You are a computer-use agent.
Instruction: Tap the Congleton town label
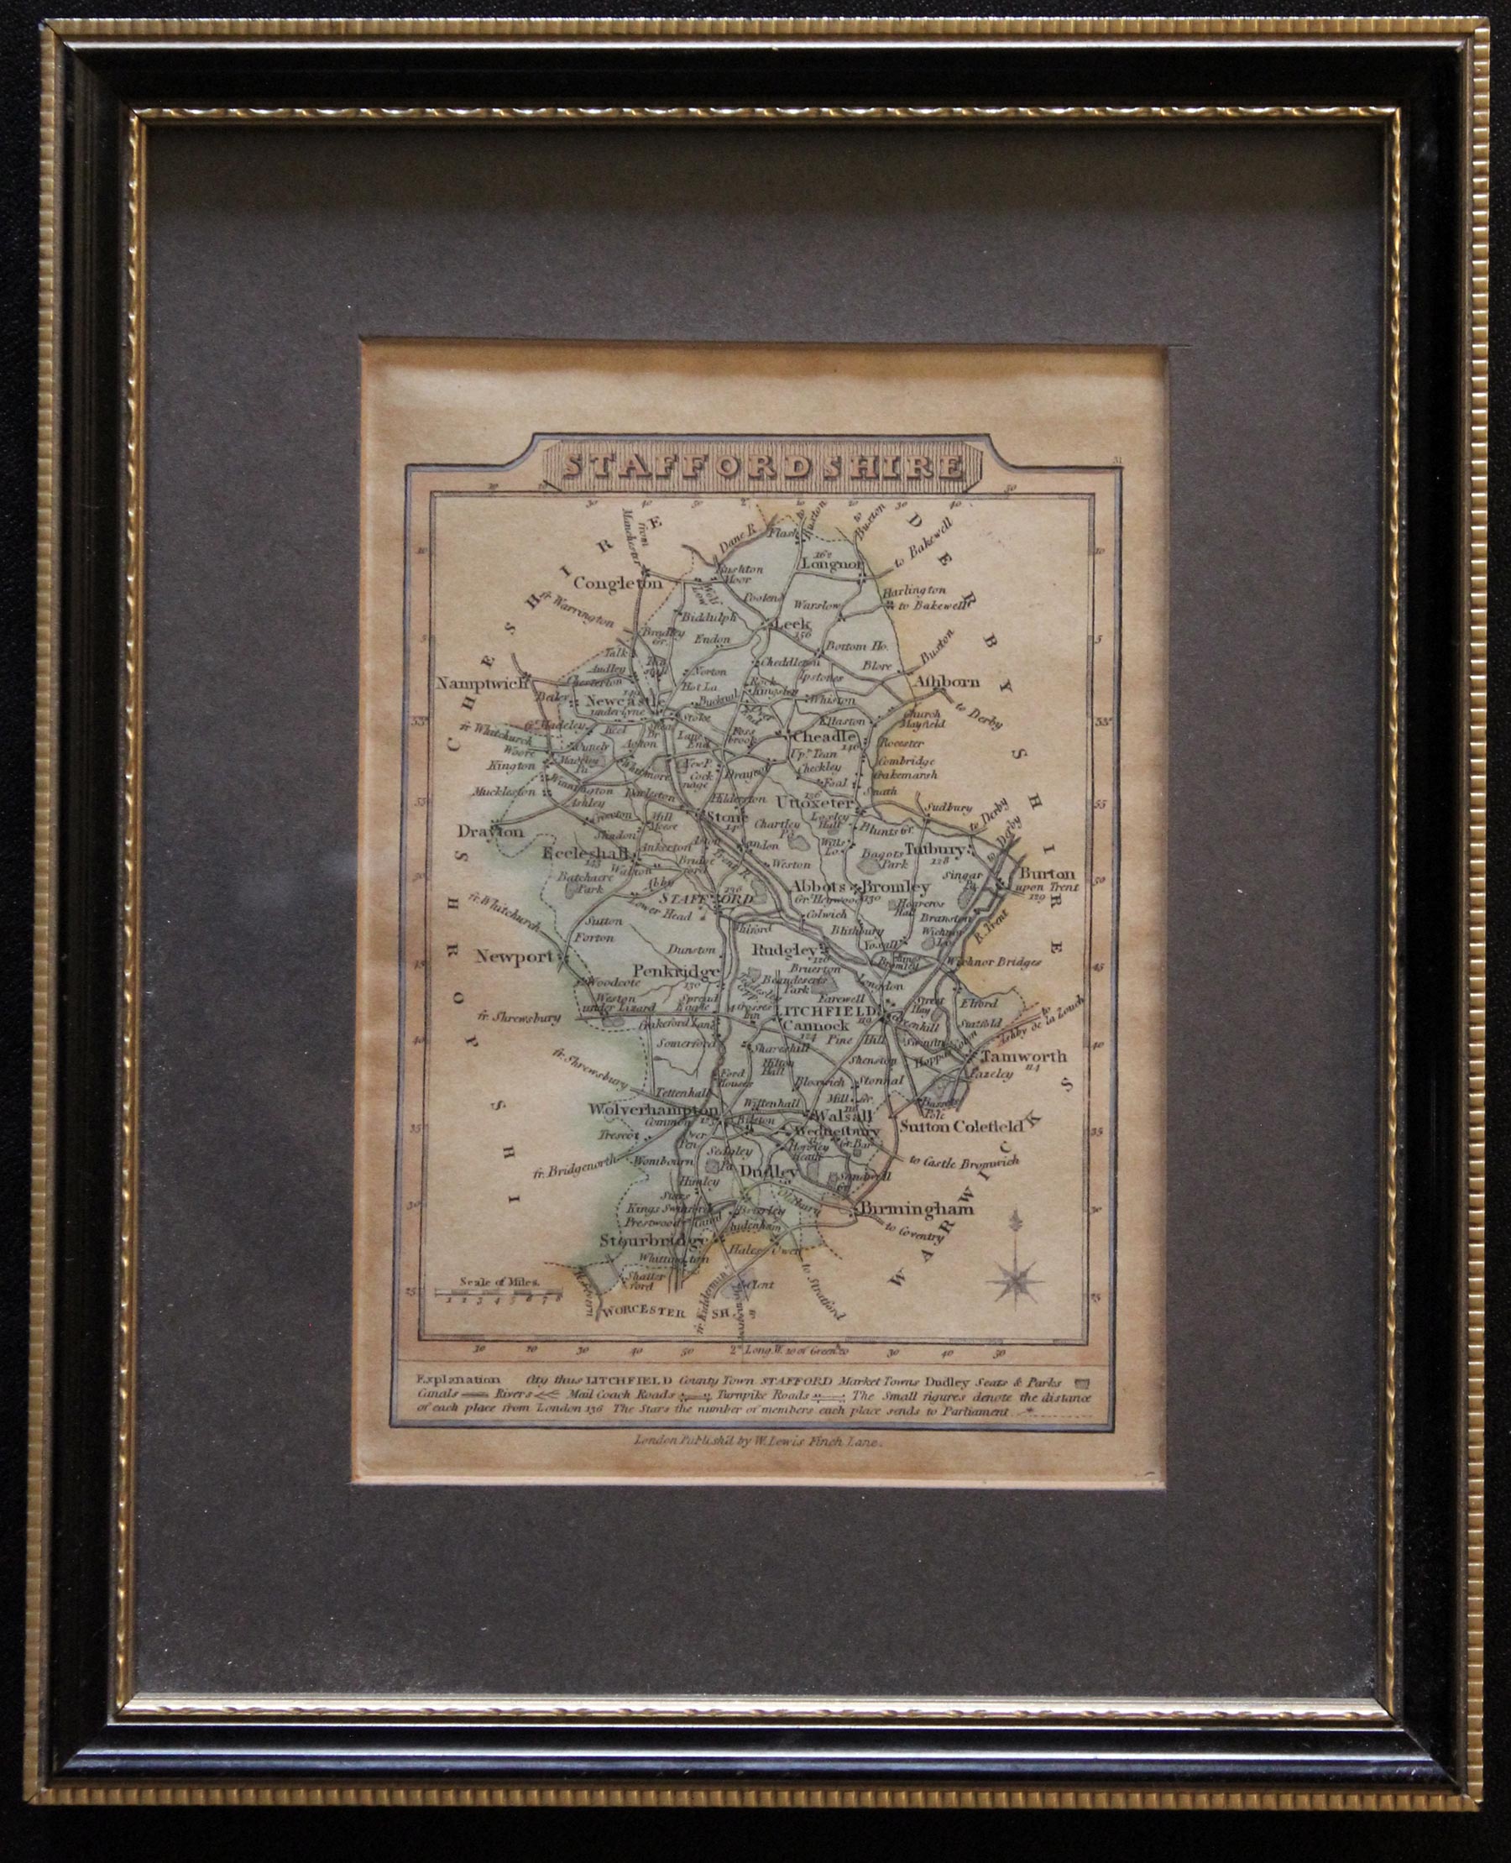click(x=617, y=583)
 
